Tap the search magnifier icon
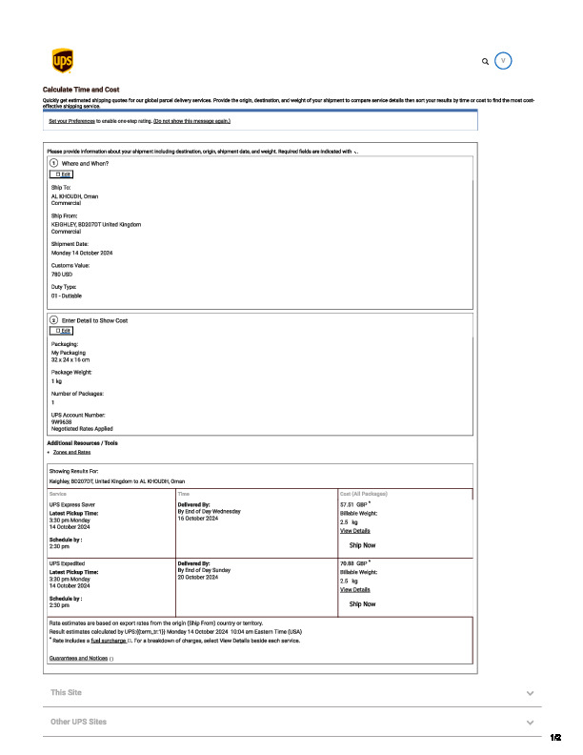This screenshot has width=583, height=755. click(x=486, y=61)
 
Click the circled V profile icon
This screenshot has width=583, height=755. click(x=505, y=61)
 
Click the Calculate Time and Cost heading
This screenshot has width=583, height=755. click(x=81, y=89)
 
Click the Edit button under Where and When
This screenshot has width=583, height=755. click(x=63, y=174)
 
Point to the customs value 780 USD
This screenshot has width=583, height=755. click(x=63, y=274)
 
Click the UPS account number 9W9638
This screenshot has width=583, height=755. click(x=63, y=422)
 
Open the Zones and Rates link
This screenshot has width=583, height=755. click(x=71, y=452)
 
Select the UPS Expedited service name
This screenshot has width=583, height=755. click(x=69, y=563)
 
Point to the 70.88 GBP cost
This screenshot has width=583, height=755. click(x=353, y=563)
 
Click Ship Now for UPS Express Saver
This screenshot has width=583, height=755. click(x=362, y=545)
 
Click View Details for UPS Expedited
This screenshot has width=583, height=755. click(x=354, y=589)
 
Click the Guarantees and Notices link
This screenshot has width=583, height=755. click(x=79, y=659)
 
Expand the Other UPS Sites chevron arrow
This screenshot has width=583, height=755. click(x=530, y=722)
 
